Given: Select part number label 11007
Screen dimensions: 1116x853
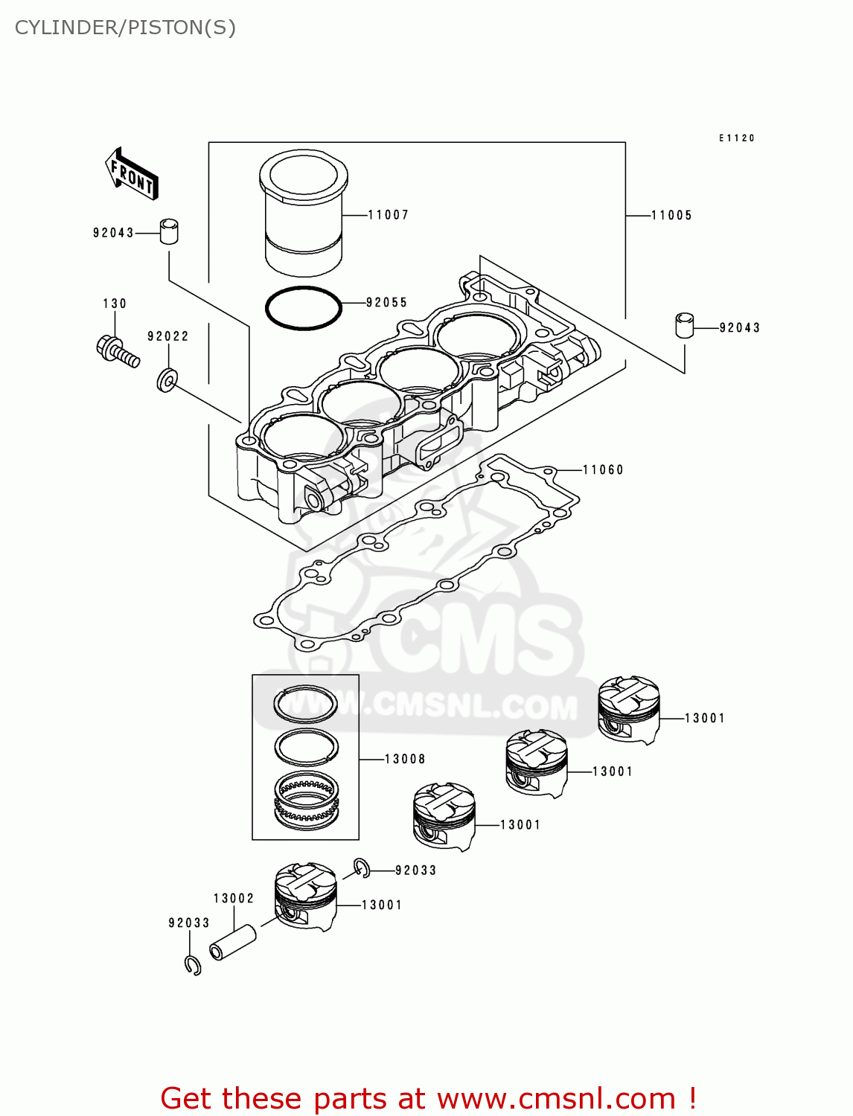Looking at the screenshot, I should pyautogui.click(x=389, y=215).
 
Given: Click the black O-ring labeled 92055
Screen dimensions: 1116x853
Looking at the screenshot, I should pyautogui.click(x=304, y=307).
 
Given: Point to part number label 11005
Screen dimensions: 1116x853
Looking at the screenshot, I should pyautogui.click(x=671, y=216).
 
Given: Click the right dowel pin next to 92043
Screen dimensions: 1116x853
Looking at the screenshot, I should pyautogui.click(x=685, y=325).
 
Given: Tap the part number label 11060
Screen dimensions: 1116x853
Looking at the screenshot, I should pyautogui.click(x=603, y=470).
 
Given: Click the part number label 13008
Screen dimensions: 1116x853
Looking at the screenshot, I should pyautogui.click(x=405, y=759).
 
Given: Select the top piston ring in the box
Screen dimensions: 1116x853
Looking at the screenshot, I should pyautogui.click(x=305, y=703).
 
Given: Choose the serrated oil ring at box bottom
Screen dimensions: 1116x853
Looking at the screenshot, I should pyautogui.click(x=306, y=800).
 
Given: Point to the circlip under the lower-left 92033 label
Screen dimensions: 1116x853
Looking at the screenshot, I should pyautogui.click(x=193, y=965).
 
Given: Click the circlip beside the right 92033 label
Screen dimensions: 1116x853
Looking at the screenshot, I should pyautogui.click(x=362, y=868).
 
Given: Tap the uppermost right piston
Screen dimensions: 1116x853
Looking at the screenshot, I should pyautogui.click(x=629, y=709).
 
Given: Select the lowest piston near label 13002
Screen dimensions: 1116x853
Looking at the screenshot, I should pyautogui.click(x=306, y=897).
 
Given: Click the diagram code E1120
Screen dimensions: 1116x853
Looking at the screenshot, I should pyautogui.click(x=736, y=138).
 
